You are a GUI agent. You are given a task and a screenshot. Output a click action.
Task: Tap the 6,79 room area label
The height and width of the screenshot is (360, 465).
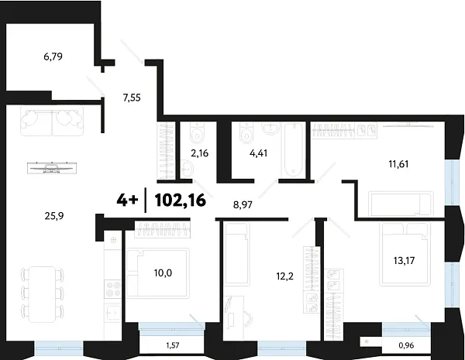click(57, 57)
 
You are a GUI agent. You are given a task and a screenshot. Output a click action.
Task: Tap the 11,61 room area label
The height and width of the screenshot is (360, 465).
click(403, 164)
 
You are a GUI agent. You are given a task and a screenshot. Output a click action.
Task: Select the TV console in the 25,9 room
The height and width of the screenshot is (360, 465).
click(53, 165)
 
